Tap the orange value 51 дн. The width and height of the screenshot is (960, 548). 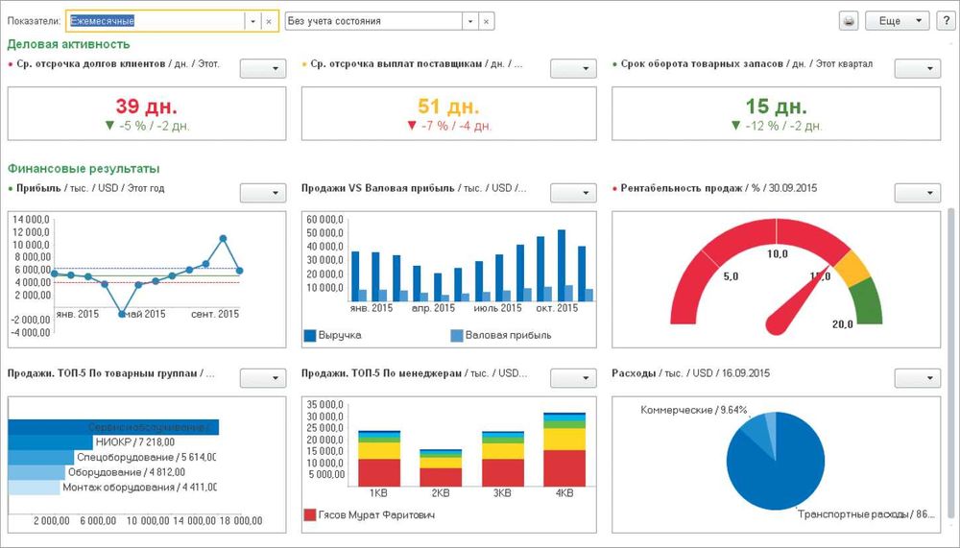click(x=449, y=106)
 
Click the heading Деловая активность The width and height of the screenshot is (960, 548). click(x=68, y=44)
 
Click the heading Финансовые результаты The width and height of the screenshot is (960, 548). click(x=84, y=169)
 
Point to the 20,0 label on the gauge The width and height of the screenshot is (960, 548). click(x=842, y=324)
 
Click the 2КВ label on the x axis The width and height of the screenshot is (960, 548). click(x=441, y=493)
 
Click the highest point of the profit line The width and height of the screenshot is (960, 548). click(x=223, y=238)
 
